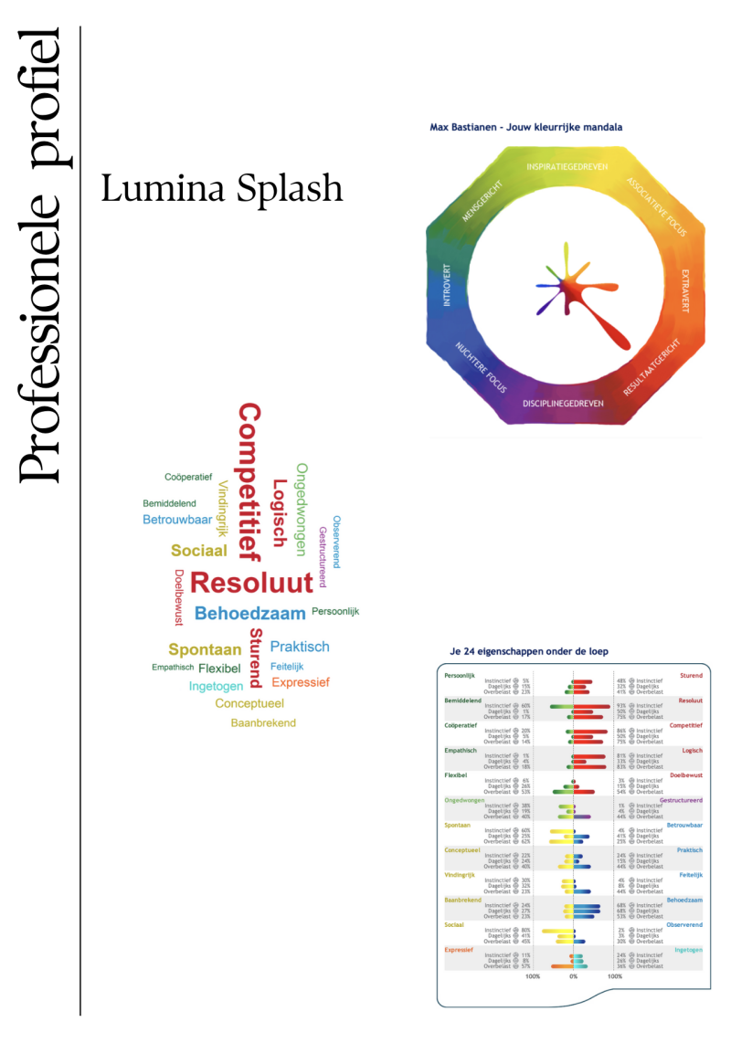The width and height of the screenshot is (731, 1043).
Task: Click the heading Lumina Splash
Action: (222, 188)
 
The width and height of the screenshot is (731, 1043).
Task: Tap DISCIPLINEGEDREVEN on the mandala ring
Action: (563, 403)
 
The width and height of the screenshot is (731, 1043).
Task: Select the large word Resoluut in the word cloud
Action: (251, 582)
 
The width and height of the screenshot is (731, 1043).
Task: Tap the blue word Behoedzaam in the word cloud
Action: (250, 613)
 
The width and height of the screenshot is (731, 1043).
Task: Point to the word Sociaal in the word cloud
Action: (198, 551)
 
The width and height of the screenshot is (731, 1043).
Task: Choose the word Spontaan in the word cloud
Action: (205, 650)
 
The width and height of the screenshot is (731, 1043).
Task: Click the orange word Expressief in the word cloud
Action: (301, 682)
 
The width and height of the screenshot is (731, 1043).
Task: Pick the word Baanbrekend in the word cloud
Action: (263, 722)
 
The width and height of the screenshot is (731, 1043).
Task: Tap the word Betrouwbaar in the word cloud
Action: (177, 520)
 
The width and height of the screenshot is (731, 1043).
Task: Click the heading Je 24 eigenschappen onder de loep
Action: (529, 651)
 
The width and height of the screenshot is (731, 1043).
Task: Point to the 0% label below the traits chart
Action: (573, 976)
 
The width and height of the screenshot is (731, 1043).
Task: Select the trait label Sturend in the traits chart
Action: (691, 676)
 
